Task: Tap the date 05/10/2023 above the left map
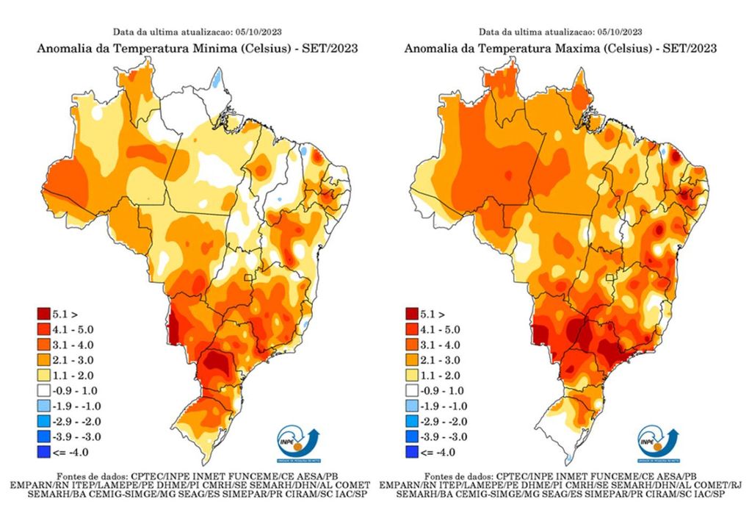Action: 258,32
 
